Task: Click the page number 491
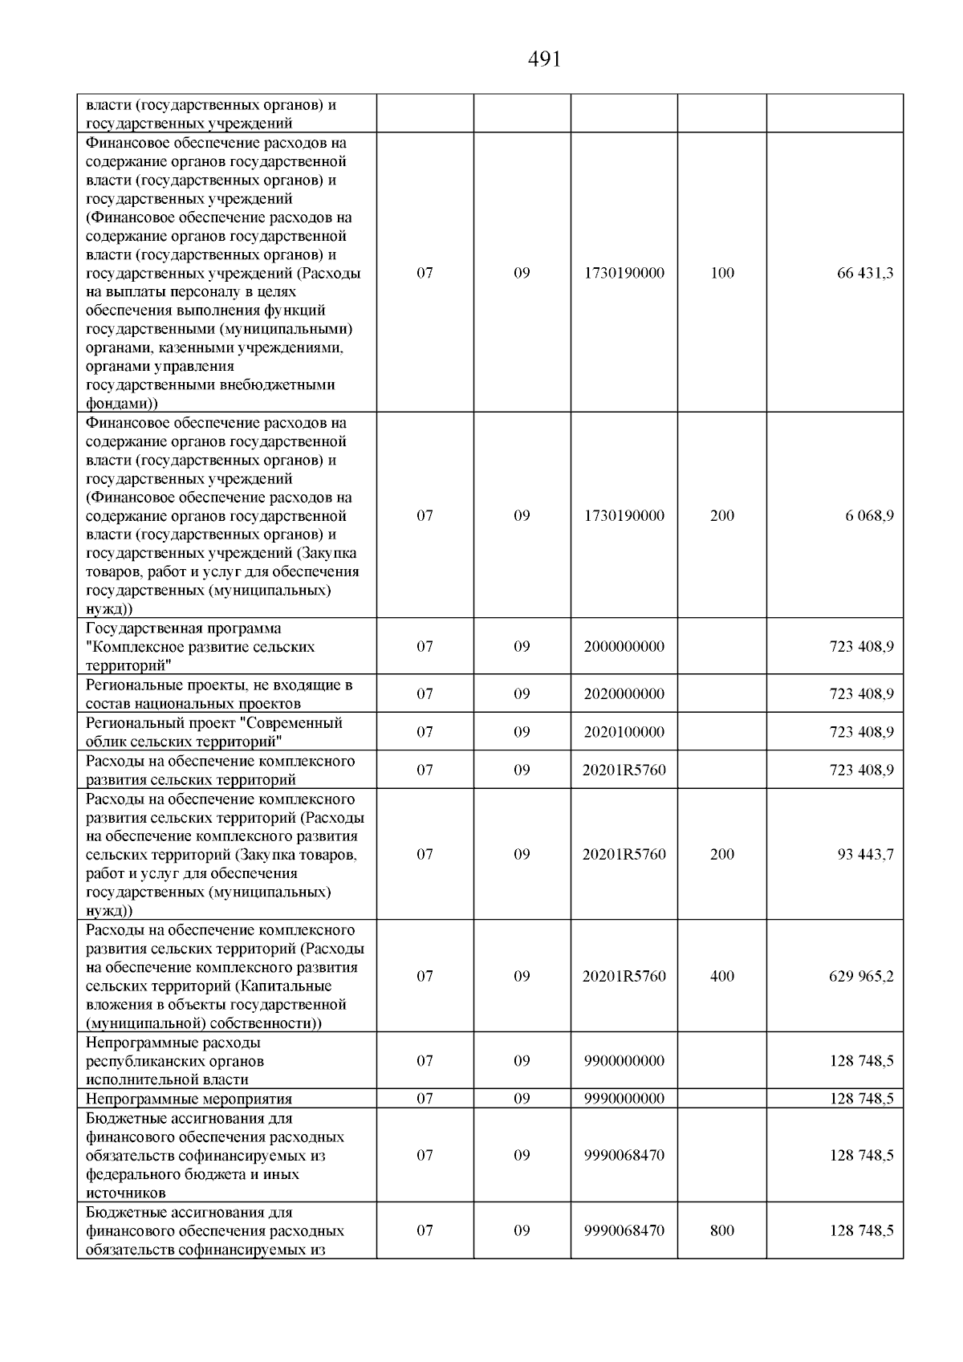[x=545, y=59]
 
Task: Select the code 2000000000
[x=624, y=646]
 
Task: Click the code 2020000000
[x=624, y=693]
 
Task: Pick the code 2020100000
[x=624, y=732]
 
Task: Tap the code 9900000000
[x=624, y=1060]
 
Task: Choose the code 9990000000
[x=624, y=1099]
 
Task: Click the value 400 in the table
[x=722, y=976]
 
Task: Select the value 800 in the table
[x=722, y=1230]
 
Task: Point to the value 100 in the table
[x=722, y=273]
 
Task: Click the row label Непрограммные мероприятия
[x=189, y=1099]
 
